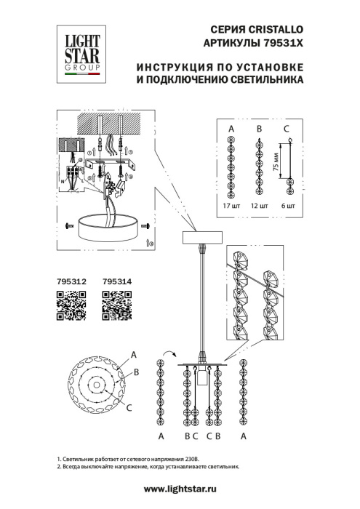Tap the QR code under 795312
(x=71, y=305)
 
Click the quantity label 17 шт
(x=231, y=206)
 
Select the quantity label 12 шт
(x=259, y=206)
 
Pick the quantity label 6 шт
(x=287, y=206)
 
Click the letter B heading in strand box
(x=259, y=129)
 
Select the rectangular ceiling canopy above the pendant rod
(x=202, y=236)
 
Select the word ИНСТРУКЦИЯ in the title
(x=169, y=68)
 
